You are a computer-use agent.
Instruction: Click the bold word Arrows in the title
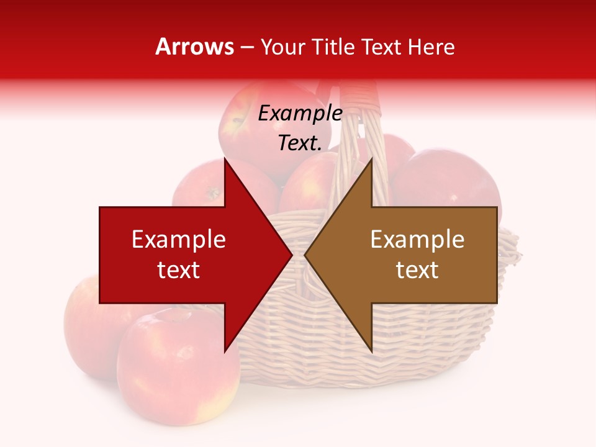coord(194,47)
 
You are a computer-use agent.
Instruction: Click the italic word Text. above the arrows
coord(300,143)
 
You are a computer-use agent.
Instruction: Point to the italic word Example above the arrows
coord(300,114)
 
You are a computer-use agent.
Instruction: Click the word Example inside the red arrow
coord(179,240)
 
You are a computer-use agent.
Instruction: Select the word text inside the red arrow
coord(179,270)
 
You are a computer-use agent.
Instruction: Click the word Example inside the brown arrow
coord(417,240)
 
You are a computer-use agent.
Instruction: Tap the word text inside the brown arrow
coord(417,270)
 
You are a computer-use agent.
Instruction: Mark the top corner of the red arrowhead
coord(225,160)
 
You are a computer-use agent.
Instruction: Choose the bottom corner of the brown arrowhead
coord(371,350)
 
